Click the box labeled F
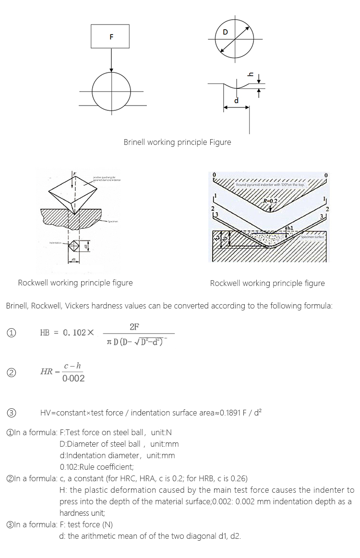click(111, 37)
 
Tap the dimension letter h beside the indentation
click(250, 74)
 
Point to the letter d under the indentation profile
click(236, 100)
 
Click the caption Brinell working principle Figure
click(177, 142)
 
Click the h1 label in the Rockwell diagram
click(291, 227)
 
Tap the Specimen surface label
click(313, 237)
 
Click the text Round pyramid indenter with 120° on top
click(270, 184)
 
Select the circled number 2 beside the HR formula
click(10, 372)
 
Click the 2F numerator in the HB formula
click(134, 327)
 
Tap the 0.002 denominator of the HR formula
click(73, 379)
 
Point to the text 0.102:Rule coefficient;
click(96, 466)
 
